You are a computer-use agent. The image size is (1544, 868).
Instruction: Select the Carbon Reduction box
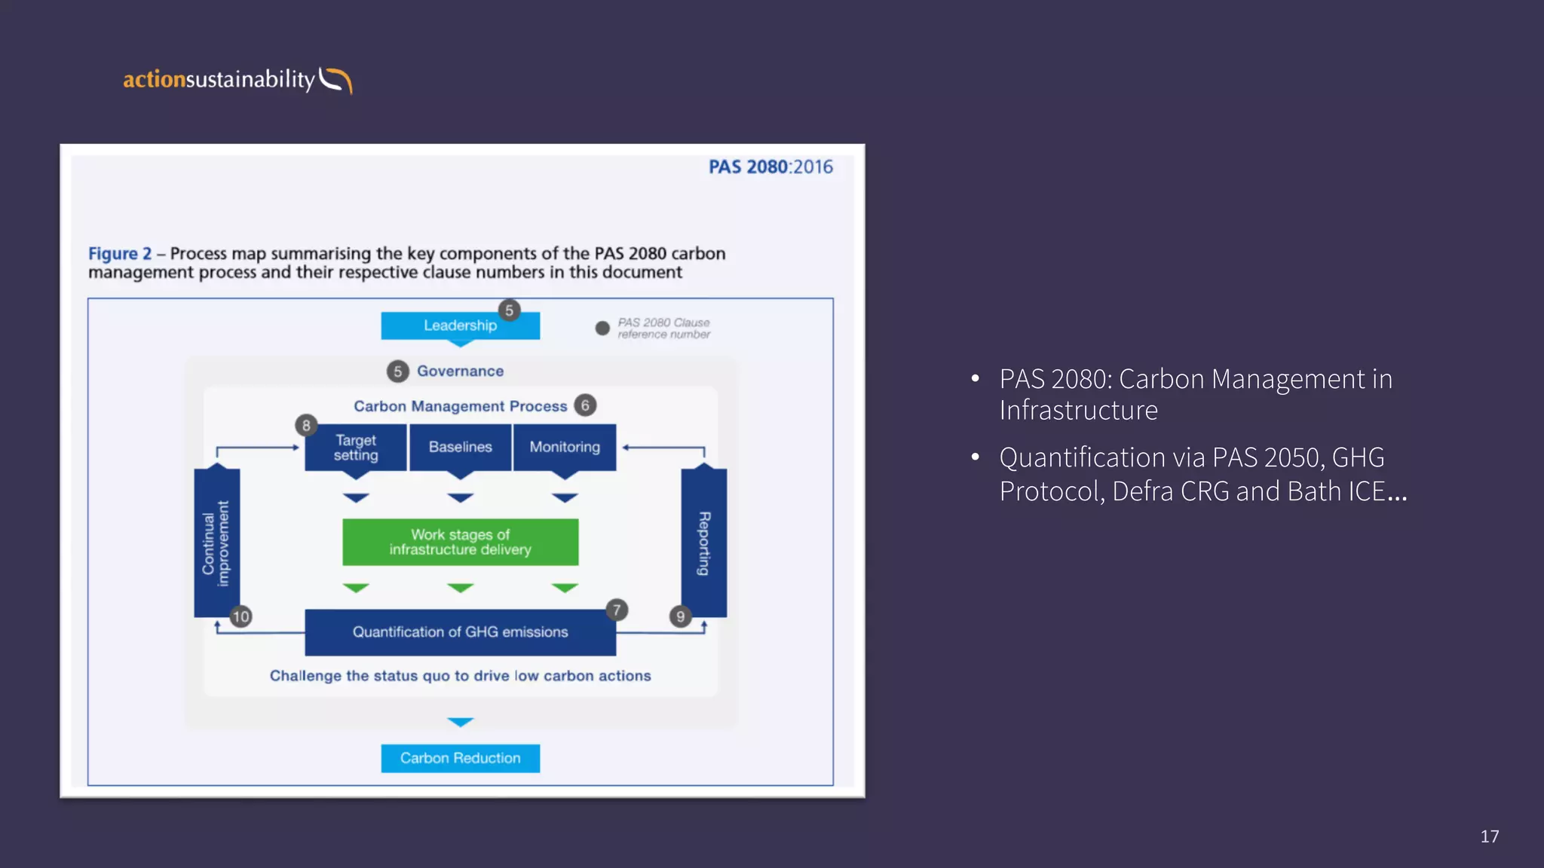point(460,758)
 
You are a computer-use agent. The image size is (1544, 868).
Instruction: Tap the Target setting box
point(355,448)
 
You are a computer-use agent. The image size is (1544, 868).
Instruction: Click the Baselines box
point(460,448)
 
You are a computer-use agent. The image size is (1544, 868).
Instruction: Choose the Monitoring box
point(565,448)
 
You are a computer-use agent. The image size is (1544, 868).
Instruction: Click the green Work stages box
point(460,542)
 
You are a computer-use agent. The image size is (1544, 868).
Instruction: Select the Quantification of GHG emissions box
point(460,632)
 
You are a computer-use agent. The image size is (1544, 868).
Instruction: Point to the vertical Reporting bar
point(703,543)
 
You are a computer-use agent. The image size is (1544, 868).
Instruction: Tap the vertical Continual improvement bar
point(216,543)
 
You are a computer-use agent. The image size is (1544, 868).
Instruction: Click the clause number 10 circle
point(240,617)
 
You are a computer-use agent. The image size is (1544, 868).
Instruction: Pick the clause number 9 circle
point(680,617)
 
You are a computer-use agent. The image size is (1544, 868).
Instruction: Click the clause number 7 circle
point(617,610)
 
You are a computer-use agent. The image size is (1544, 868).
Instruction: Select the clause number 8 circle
point(306,426)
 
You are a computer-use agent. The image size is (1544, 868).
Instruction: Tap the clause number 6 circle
point(585,405)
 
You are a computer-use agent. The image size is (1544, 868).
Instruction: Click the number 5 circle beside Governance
point(397,371)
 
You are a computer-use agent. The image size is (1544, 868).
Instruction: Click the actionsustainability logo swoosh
point(335,80)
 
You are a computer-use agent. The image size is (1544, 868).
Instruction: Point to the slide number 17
point(1489,836)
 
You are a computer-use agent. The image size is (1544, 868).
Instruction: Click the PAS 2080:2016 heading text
point(770,167)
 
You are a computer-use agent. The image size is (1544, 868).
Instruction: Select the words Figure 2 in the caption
point(119,254)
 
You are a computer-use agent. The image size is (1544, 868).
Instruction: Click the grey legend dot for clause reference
point(602,329)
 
